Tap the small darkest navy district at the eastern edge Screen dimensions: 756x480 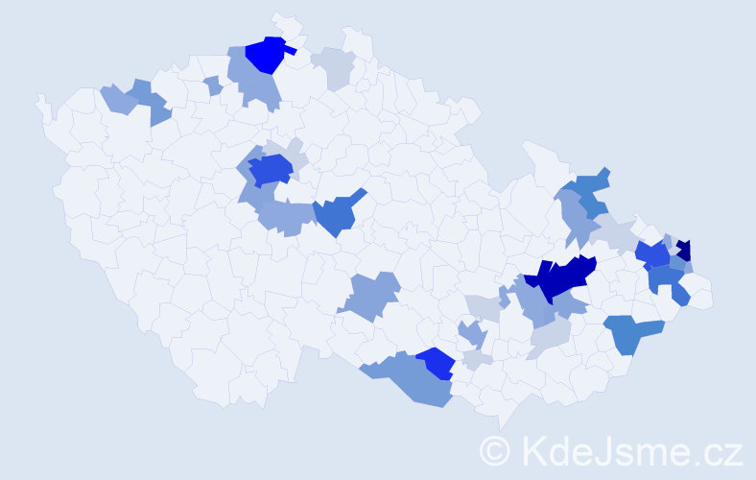pyautogui.click(x=683, y=250)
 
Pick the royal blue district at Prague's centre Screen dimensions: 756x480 pyautogui.click(x=272, y=169)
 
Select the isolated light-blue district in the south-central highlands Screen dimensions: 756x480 pyautogui.click(x=371, y=295)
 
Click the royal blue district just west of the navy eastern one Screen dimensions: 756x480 pyautogui.click(x=653, y=255)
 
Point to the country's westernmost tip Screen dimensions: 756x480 pyautogui.click(x=39, y=99)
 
